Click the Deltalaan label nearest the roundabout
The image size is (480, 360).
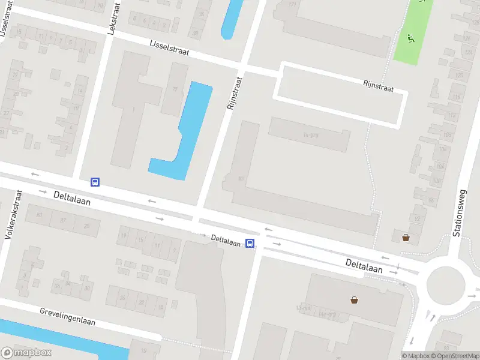click(364, 266)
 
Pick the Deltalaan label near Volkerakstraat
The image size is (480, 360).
click(71, 198)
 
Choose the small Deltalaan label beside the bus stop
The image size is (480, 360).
click(226, 241)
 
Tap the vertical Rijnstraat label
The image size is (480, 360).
click(234, 92)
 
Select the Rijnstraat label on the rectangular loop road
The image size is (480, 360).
click(378, 87)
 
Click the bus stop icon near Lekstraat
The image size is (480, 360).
click(95, 182)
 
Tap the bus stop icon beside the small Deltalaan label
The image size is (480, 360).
click(251, 244)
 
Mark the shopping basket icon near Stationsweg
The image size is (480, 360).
click(406, 238)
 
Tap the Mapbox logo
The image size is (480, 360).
click(26, 353)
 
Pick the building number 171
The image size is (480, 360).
click(293, 5)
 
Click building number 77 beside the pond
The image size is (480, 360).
click(175, 89)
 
